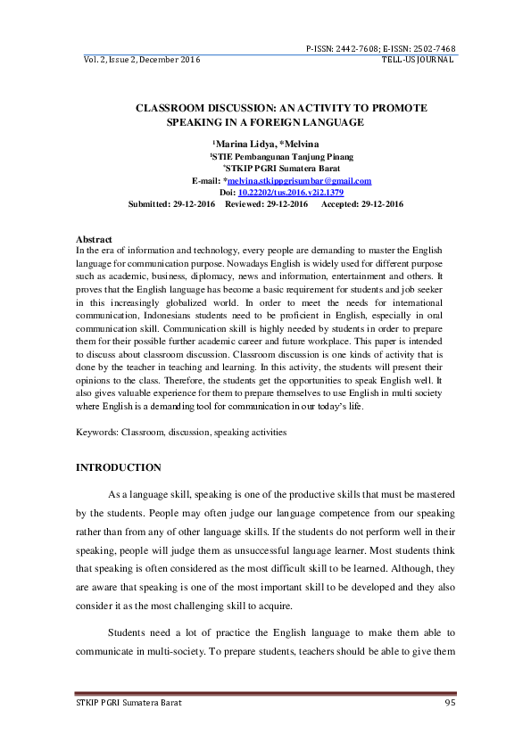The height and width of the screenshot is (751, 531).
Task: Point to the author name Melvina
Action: (x=303, y=144)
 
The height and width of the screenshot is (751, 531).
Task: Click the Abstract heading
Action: (x=94, y=240)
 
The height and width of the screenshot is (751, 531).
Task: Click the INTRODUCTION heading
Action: (x=119, y=467)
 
